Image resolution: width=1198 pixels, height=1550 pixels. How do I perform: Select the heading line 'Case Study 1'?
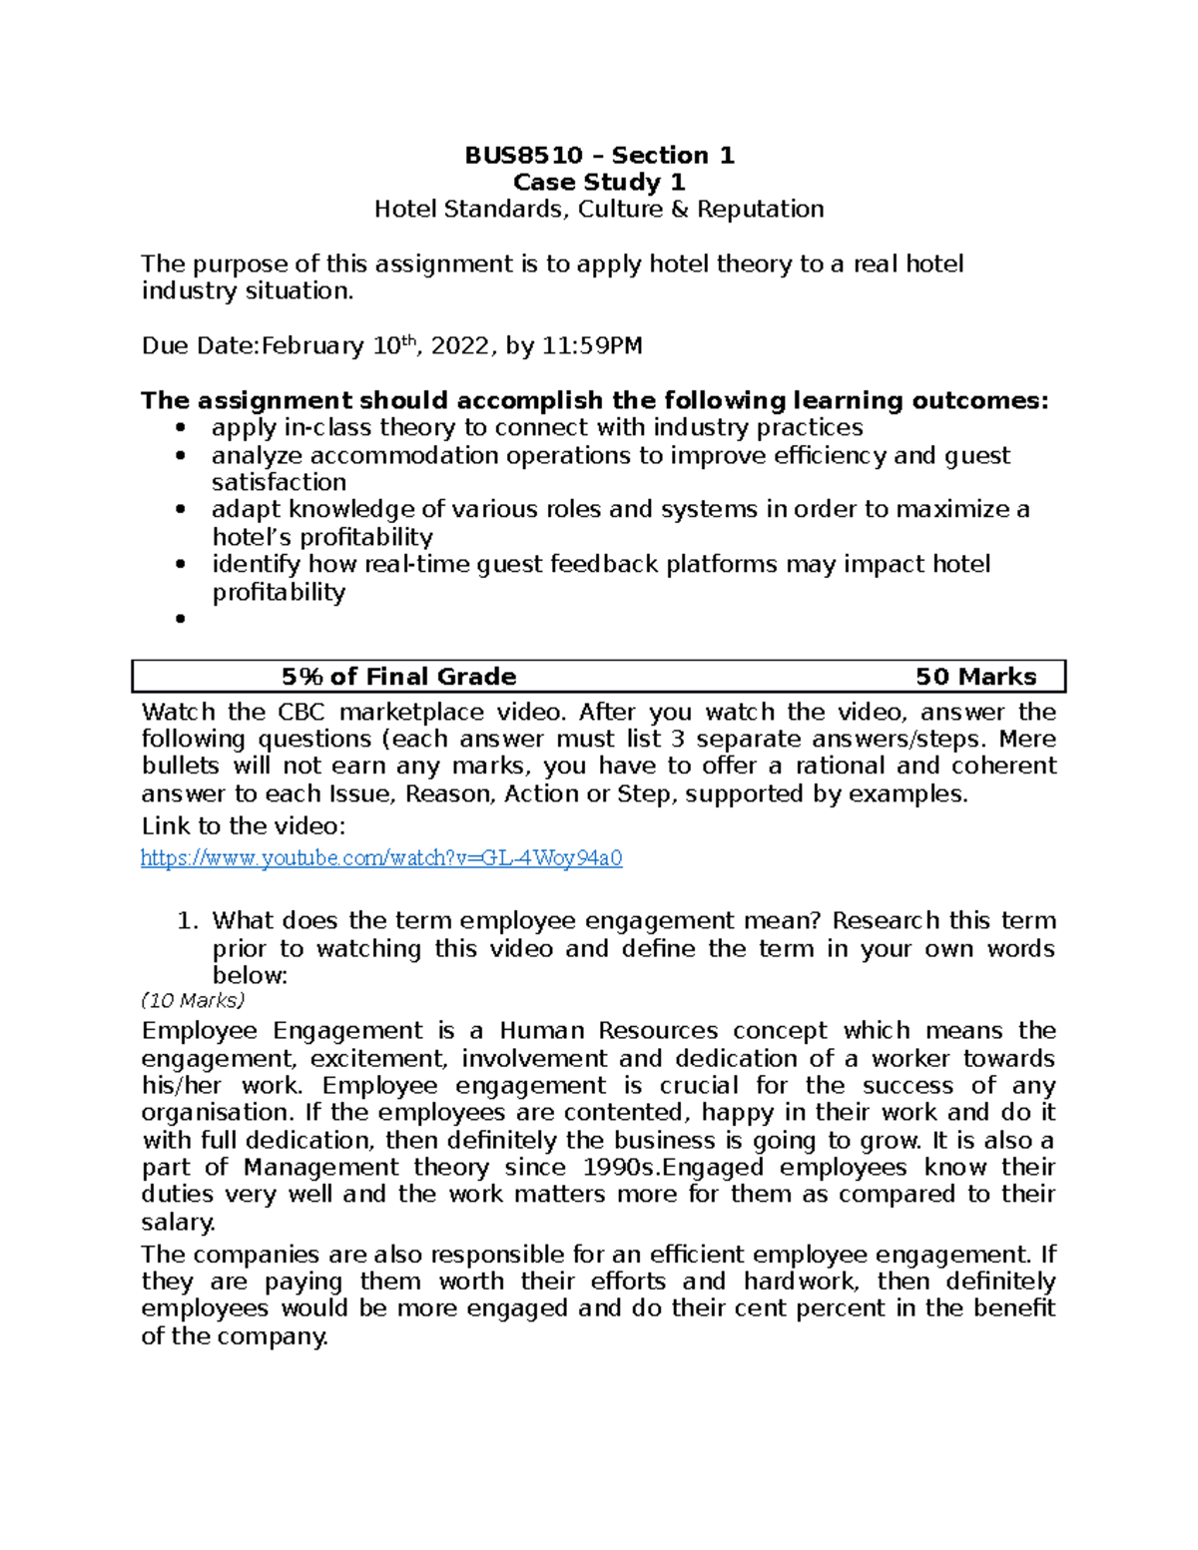coord(599,183)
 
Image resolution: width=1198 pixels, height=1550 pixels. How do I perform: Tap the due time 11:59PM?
coord(592,346)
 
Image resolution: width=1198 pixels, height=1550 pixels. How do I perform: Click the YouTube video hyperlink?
coord(381,858)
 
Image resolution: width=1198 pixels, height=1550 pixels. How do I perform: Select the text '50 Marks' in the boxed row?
coord(975,677)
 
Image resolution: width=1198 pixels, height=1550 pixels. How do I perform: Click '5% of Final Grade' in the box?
coord(398,677)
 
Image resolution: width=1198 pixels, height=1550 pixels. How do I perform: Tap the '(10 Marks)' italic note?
coord(193,1001)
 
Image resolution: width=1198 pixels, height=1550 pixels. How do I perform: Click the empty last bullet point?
coord(181,620)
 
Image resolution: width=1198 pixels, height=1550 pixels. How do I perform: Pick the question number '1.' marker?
coord(190,921)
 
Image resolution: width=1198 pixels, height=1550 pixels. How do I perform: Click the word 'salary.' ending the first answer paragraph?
coord(178,1223)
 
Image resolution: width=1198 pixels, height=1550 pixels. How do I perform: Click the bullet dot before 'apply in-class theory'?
coord(181,428)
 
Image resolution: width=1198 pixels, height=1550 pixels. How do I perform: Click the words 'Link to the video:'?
coord(244,826)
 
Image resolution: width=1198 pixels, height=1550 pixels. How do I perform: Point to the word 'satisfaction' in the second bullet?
coord(279,483)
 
